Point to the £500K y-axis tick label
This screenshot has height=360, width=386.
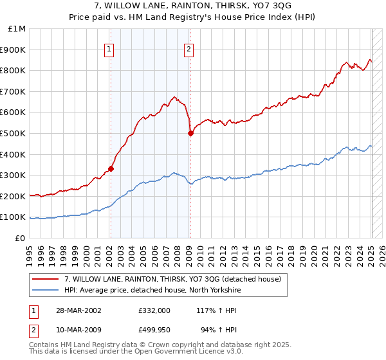14,133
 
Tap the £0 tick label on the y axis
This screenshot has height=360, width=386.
21,238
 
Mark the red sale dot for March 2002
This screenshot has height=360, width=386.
111,168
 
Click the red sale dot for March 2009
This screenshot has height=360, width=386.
190,134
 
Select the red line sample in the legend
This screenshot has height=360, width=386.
46,280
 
